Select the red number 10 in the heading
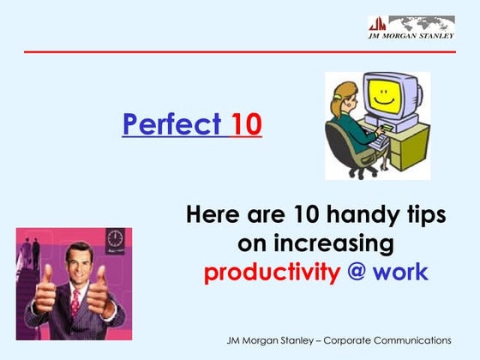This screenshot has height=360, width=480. point(246,125)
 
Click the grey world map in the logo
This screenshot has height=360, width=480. point(419,23)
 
